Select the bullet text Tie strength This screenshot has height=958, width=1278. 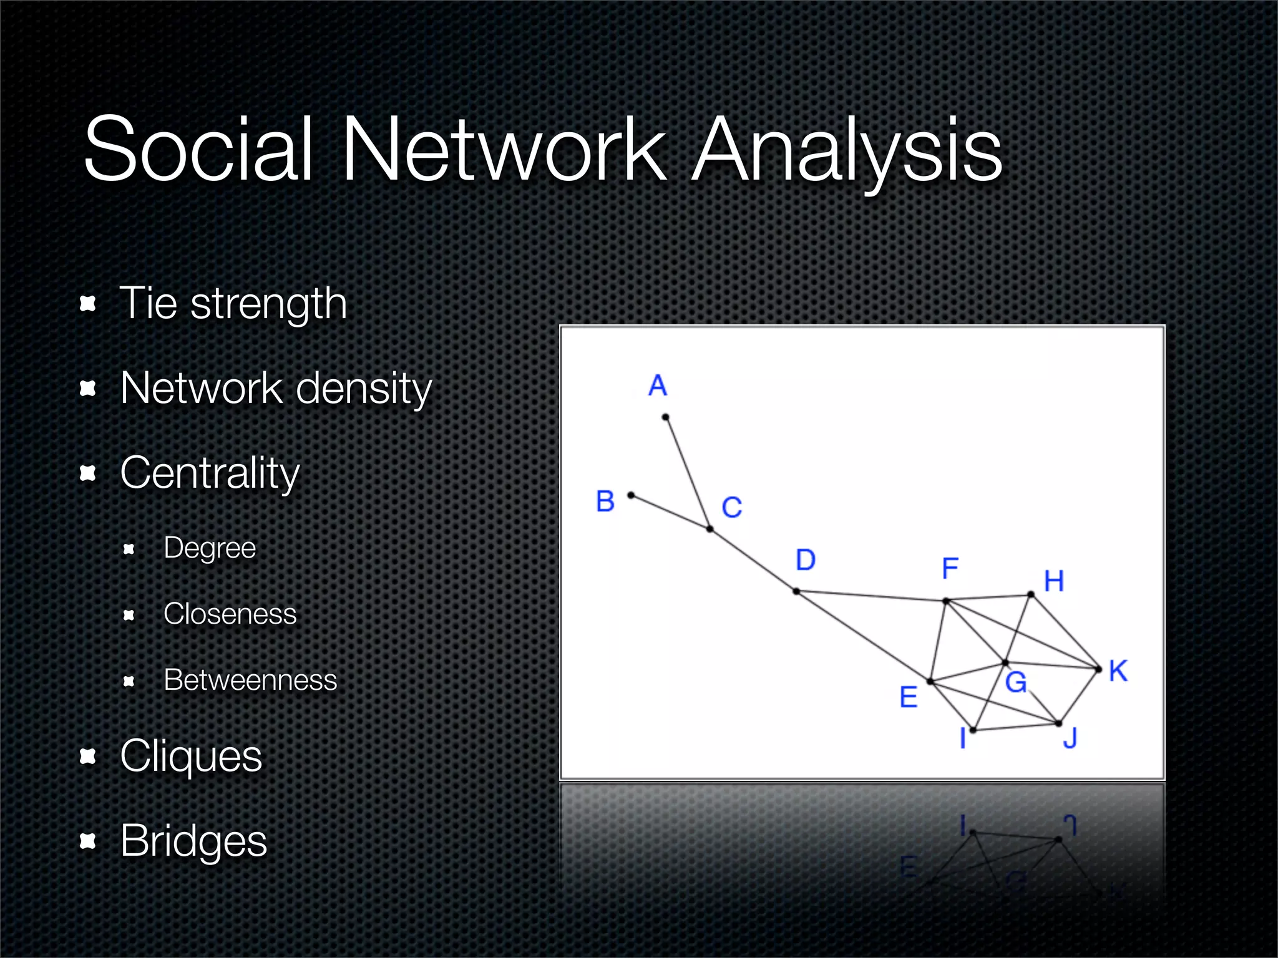coord(233,304)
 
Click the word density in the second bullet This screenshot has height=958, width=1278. coord(364,389)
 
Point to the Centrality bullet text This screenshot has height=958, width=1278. coord(210,473)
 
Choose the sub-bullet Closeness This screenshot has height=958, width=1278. coord(230,614)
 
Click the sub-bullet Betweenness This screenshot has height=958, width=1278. coord(250,680)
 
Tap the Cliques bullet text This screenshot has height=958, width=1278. coord(191,756)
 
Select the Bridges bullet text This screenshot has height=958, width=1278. coord(193,841)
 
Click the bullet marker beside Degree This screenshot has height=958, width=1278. coord(129,549)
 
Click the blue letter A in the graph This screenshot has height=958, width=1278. coord(658,385)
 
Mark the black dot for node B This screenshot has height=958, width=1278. coord(631,495)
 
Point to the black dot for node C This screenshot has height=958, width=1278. coord(710,529)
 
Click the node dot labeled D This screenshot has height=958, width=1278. coord(796,591)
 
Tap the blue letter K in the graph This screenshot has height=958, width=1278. coord(1118,672)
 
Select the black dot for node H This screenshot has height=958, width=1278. coord(1031,595)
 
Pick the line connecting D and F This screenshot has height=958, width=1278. coord(871,596)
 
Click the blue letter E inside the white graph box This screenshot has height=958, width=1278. coord(909,697)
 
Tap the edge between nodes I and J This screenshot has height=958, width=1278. coord(1015,727)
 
